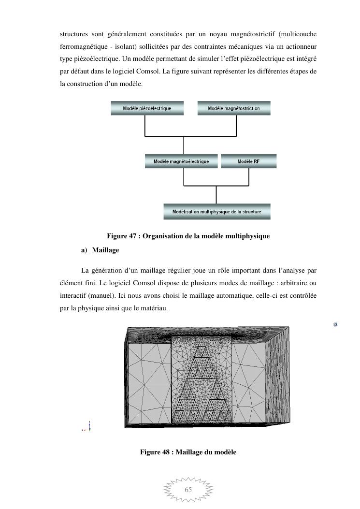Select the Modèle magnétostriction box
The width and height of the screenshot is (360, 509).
click(x=234, y=108)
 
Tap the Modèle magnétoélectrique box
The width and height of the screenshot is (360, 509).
click(x=181, y=161)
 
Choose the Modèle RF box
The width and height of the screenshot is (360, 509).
click(x=248, y=161)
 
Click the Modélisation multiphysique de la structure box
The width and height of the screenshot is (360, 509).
click(x=216, y=212)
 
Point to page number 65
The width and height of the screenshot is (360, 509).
click(x=188, y=490)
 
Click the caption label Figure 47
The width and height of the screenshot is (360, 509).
click(x=122, y=236)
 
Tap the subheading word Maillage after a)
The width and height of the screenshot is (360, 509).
click(x=105, y=250)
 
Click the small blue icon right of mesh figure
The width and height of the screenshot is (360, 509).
click(x=335, y=324)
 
